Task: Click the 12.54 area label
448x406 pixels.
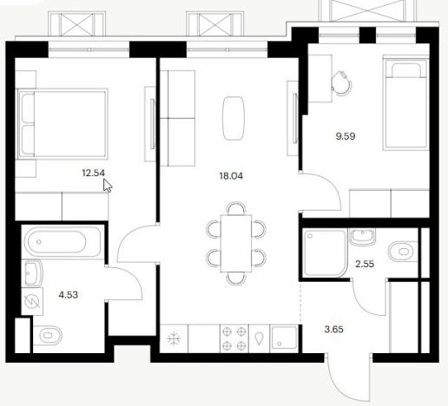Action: click(93, 173)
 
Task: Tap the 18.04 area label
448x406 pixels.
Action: click(231, 176)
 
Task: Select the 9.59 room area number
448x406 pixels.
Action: click(346, 136)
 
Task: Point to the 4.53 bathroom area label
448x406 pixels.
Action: click(69, 295)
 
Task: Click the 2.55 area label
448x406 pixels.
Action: click(365, 264)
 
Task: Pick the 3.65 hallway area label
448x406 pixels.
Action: click(334, 330)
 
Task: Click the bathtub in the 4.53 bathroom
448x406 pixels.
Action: click(63, 242)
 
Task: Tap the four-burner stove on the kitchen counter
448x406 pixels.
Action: click(234, 338)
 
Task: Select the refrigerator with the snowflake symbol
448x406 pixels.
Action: click(174, 338)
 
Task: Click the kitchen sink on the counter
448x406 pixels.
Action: click(284, 338)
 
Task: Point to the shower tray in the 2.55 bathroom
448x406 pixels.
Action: click(325, 253)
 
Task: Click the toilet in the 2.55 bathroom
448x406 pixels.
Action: click(402, 252)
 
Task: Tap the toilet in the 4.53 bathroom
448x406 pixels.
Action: click(48, 336)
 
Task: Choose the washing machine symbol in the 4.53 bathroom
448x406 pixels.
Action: click(32, 302)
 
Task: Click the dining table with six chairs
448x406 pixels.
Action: click(236, 244)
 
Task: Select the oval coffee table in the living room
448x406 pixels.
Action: click(234, 119)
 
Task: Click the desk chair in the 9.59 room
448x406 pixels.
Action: click(342, 83)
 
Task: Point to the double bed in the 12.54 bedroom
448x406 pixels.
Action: click(63, 124)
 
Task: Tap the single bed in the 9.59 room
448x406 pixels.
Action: click(405, 103)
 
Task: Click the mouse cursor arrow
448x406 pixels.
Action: click(108, 186)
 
